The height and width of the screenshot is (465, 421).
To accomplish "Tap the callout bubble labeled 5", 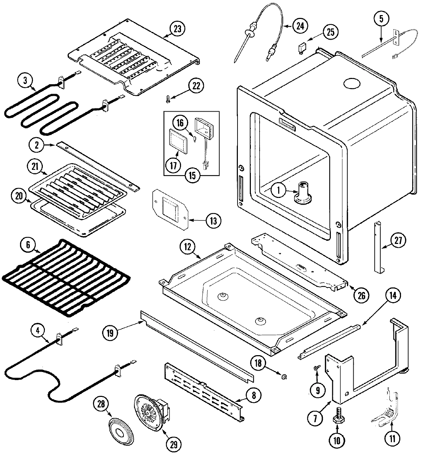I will pyautogui.click(x=381, y=18).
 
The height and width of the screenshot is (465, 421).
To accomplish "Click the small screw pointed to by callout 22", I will pyautogui.click(x=168, y=100).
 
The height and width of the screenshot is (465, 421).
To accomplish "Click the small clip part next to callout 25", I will pyautogui.click(x=301, y=47).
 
